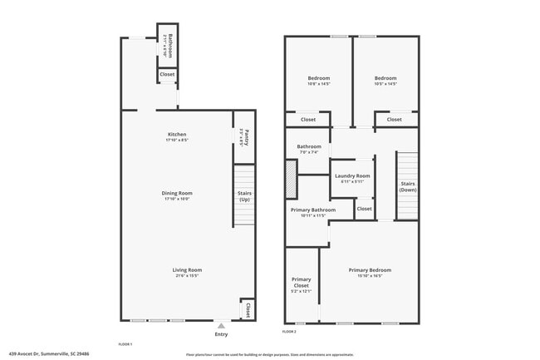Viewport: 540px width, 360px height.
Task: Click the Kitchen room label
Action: tap(177, 135)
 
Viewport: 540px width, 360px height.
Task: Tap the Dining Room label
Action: tap(177, 194)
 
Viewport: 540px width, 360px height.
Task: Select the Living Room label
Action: tap(187, 269)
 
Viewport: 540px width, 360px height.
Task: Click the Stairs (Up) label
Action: tap(244, 196)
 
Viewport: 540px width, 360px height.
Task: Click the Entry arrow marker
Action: tap(221, 326)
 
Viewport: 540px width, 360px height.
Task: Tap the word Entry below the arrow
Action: tap(221, 334)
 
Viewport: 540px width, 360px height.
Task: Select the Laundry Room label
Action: tap(352, 176)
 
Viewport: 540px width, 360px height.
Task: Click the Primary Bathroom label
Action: tap(312, 210)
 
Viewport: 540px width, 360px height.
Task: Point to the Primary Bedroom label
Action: tap(370, 270)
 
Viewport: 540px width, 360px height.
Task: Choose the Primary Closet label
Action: tap(301, 282)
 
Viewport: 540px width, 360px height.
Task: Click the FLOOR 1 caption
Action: tap(125, 343)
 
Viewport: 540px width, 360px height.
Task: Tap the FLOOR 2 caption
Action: tap(289, 332)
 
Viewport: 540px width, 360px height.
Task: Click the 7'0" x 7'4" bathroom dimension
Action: tap(309, 152)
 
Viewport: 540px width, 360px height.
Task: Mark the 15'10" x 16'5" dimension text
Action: tap(370, 275)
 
